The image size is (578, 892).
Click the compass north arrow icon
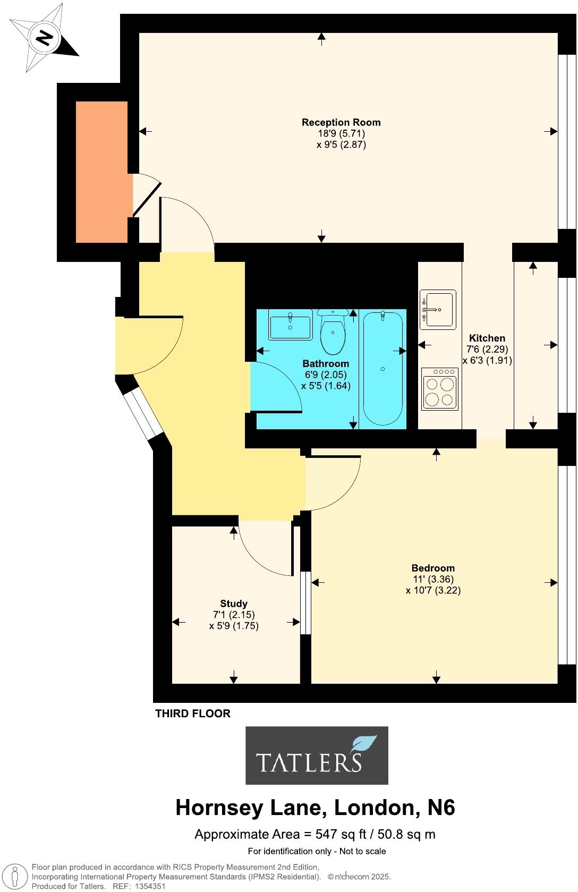click(x=44, y=38)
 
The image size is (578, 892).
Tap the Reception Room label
click(x=341, y=122)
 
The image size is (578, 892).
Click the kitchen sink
click(x=438, y=309)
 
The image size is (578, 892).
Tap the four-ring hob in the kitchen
click(x=440, y=389)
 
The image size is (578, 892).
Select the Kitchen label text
click(x=487, y=338)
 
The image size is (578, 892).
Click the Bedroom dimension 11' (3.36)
click(x=433, y=579)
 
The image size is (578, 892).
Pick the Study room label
click(x=234, y=604)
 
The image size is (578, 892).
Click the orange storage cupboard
click(x=101, y=172)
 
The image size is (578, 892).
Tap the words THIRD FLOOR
click(x=193, y=713)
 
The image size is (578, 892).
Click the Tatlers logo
click(x=317, y=755)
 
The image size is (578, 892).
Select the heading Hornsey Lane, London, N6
click(x=315, y=808)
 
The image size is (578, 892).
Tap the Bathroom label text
click(x=326, y=363)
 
